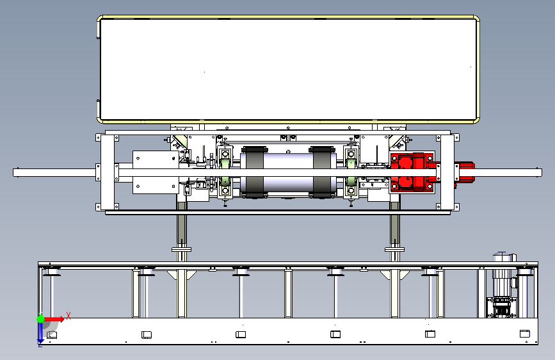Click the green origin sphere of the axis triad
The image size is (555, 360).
[x=41, y=319]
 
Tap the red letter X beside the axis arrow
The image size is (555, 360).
[x=68, y=316]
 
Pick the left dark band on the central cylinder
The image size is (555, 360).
[x=254, y=172]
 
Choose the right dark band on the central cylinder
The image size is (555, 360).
[x=322, y=172]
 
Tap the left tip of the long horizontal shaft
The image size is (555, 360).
[x=13, y=172]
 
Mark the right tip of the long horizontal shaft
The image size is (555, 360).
[x=541, y=173]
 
